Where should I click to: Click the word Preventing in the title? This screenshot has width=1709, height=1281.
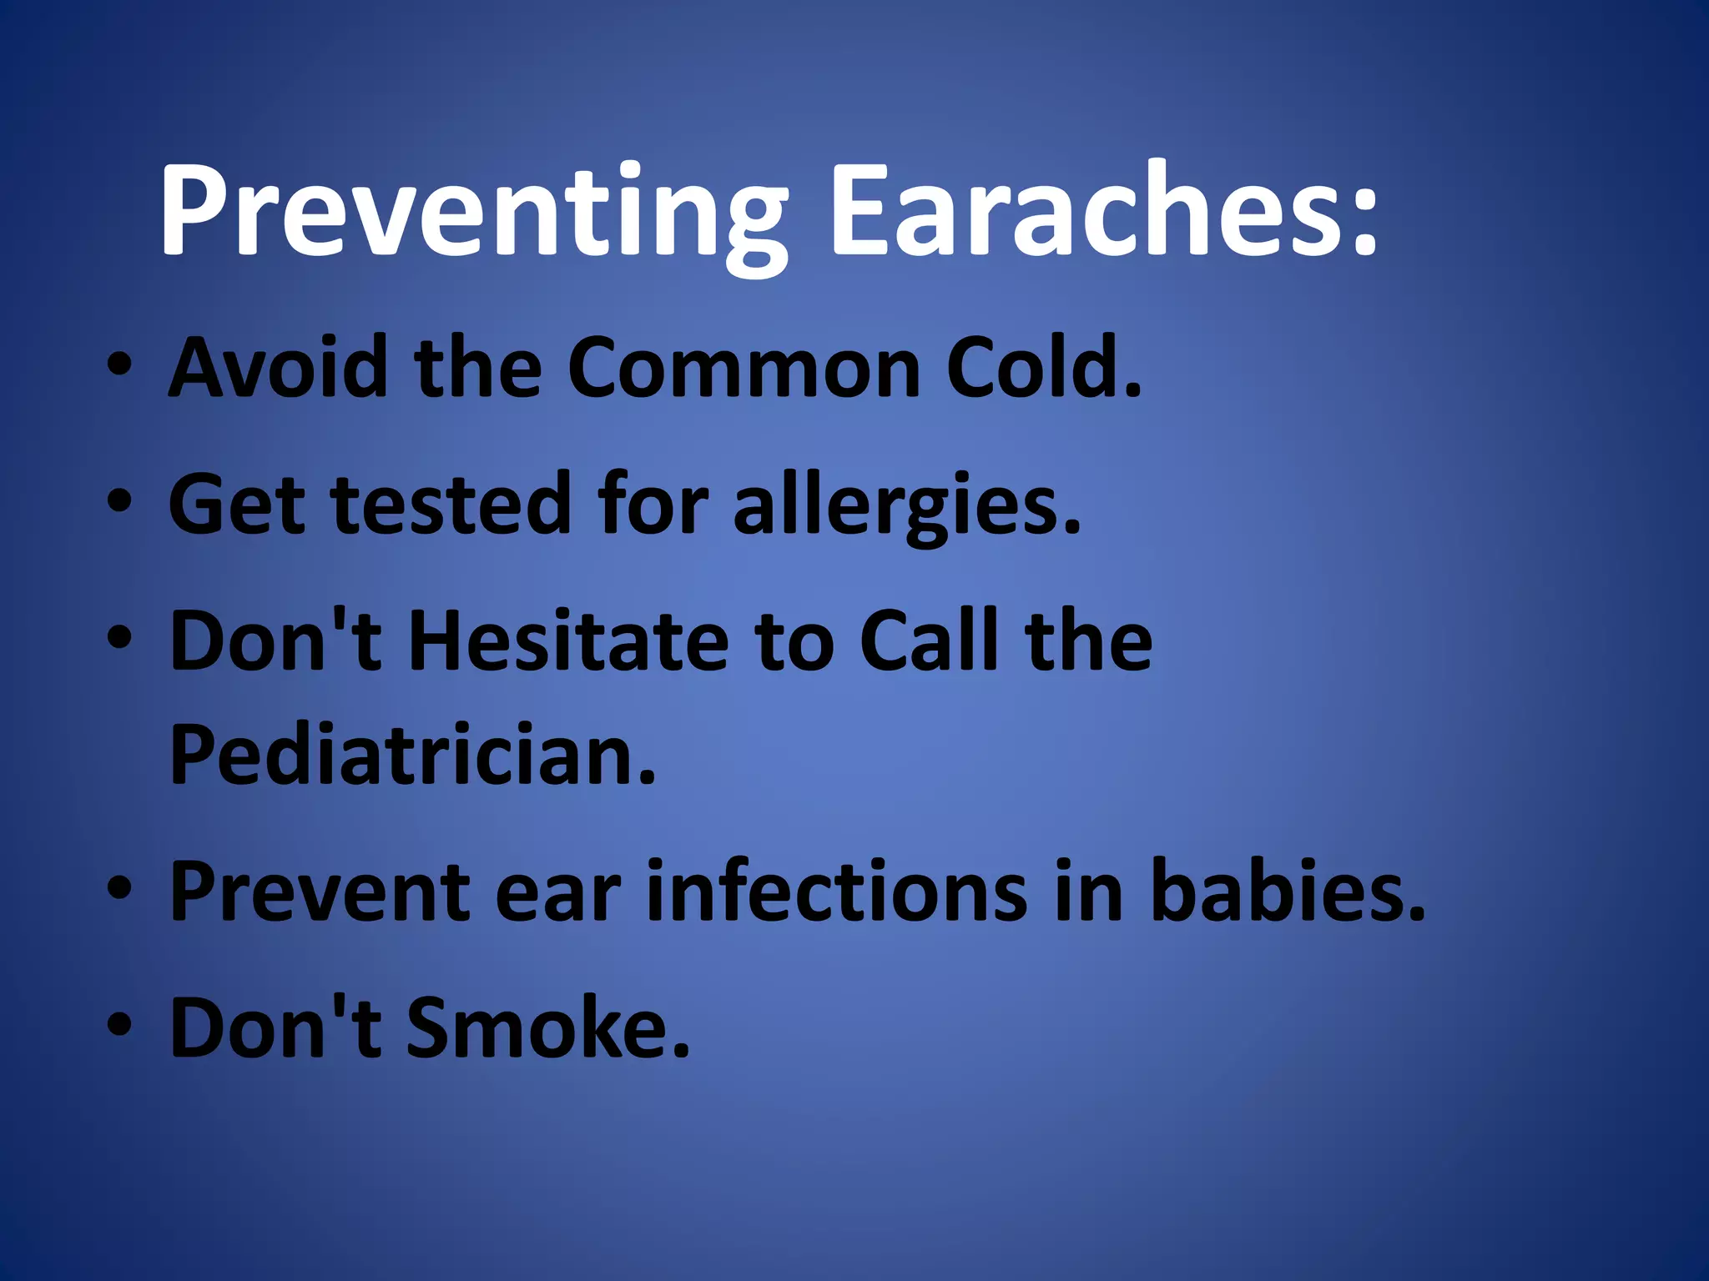(x=471, y=213)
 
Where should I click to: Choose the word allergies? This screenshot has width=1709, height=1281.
(x=906, y=505)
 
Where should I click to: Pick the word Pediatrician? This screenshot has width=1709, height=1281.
(x=413, y=755)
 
